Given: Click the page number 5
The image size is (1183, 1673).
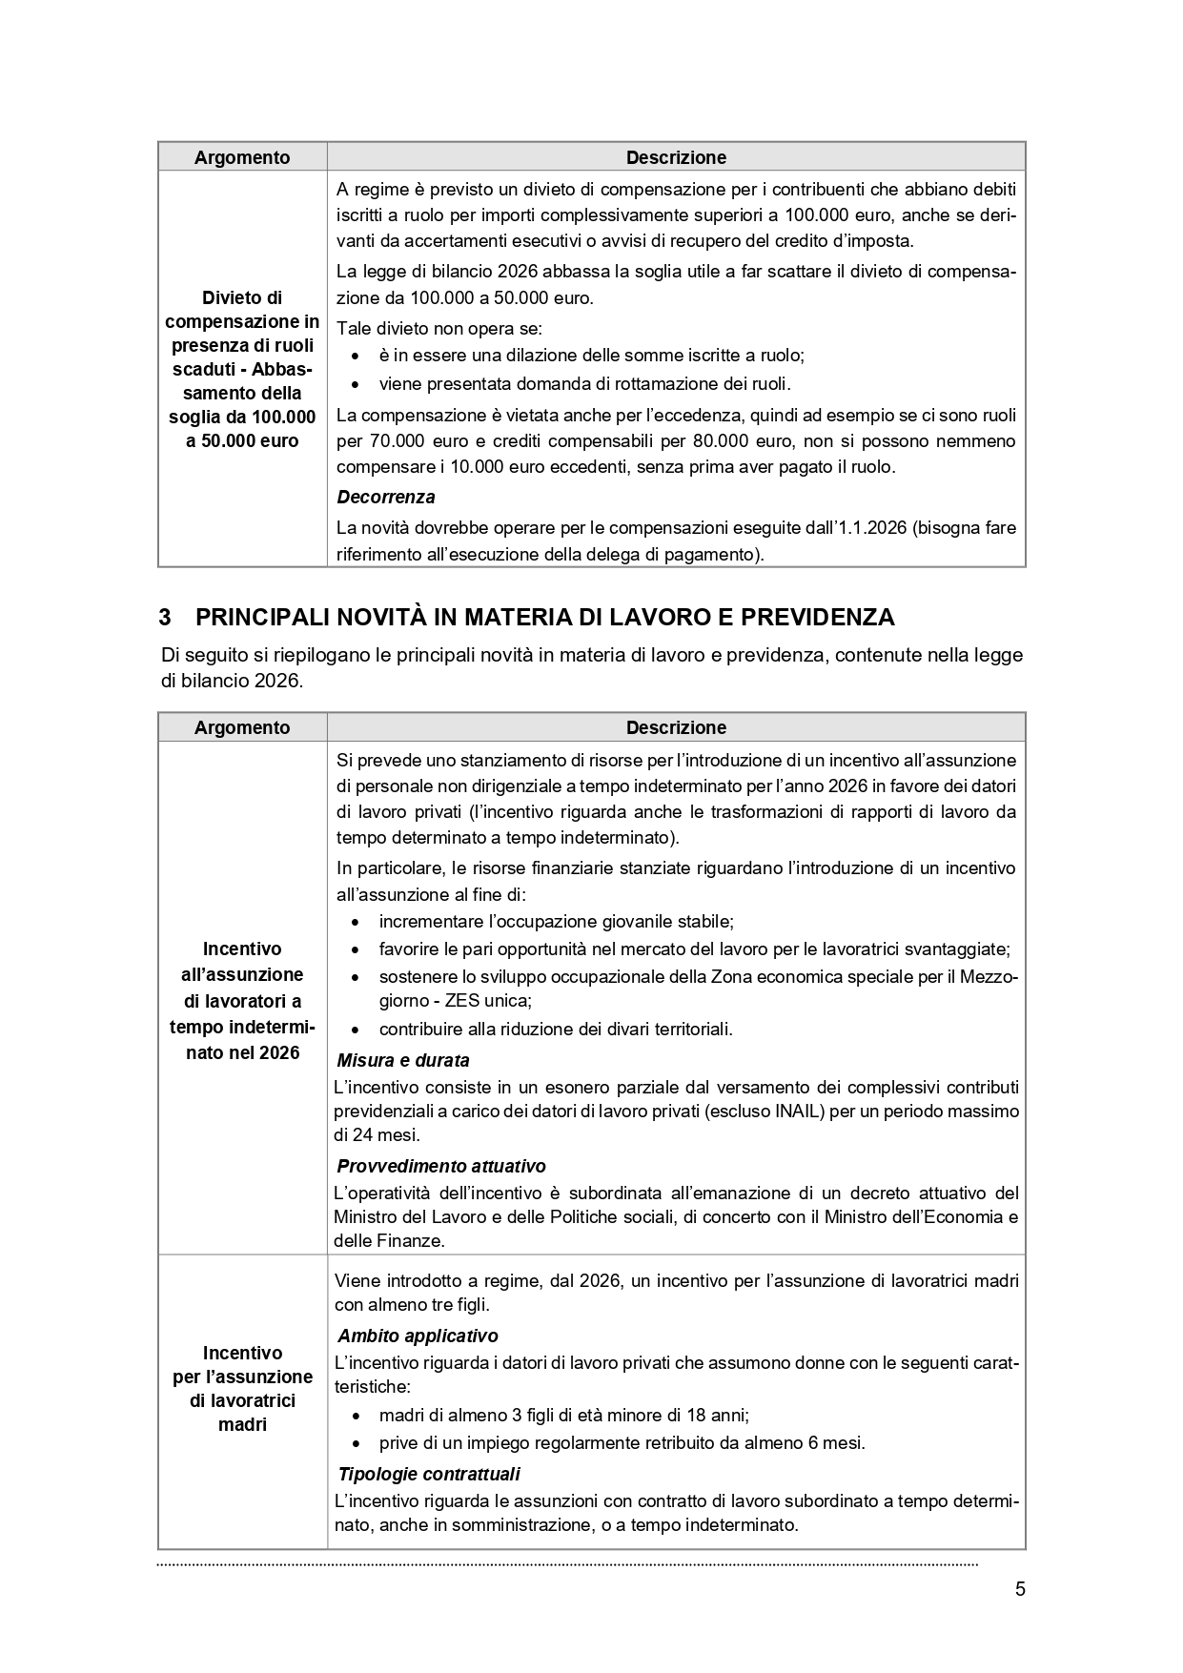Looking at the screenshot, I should point(1020,1589).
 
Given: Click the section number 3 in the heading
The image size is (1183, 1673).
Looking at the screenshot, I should point(165,618).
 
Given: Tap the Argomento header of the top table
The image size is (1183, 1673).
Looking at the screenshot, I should point(242,157).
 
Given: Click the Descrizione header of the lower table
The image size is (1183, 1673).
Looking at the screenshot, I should point(676,727).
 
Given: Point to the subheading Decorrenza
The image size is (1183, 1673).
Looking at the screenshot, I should point(386,497).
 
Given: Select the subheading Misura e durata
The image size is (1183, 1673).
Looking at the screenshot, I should point(403,1060).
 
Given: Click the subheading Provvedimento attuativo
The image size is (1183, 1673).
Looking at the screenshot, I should point(441,1166).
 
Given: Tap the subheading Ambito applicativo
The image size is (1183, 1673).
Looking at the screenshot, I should point(418,1336).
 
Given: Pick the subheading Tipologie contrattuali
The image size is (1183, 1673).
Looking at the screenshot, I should point(429,1474).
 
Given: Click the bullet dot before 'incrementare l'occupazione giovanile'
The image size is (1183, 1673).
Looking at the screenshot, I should point(356,923).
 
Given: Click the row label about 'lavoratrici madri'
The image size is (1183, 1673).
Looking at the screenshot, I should point(242,1388).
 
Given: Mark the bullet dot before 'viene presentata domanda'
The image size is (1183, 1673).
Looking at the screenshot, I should point(356,385).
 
